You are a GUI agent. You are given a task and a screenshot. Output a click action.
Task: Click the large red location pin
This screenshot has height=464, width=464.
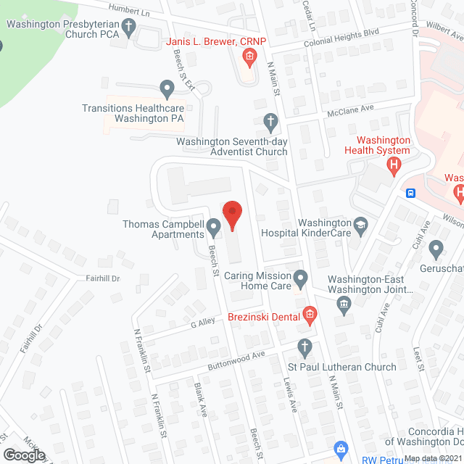pos(231,215)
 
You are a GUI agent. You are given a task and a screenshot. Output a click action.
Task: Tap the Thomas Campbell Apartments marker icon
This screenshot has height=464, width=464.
pos(214,228)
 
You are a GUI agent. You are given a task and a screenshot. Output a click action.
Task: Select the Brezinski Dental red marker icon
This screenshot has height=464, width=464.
pos(310,314)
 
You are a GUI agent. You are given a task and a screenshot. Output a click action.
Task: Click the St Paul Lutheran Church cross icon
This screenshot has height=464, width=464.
pos(305,349)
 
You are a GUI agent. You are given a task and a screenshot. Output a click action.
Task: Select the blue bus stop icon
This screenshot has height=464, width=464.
pos(411,193)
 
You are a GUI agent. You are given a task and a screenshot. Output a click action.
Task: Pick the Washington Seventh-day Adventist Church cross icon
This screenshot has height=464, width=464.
pos(270,121)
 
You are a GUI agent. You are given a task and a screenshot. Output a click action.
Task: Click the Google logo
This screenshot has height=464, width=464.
pos(24,455)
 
